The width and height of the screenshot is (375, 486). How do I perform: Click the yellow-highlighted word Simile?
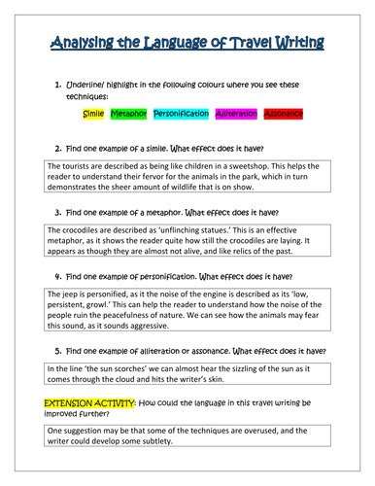pos(93,114)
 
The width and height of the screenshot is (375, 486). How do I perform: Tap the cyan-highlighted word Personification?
pos(181,114)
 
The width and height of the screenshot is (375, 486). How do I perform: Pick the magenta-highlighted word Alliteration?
pos(237,114)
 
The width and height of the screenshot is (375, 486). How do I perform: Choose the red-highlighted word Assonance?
pos(284,114)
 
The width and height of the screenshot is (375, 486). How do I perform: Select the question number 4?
pos(58,276)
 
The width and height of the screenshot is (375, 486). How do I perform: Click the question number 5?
pos(58,349)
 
